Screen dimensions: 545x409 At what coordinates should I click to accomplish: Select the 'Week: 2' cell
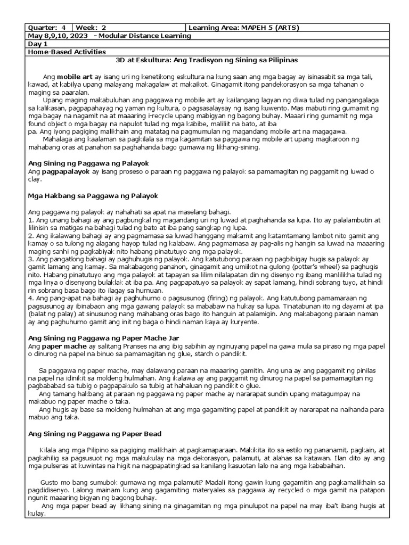pos(92,28)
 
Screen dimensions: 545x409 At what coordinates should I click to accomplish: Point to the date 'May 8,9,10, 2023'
pos(58,36)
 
